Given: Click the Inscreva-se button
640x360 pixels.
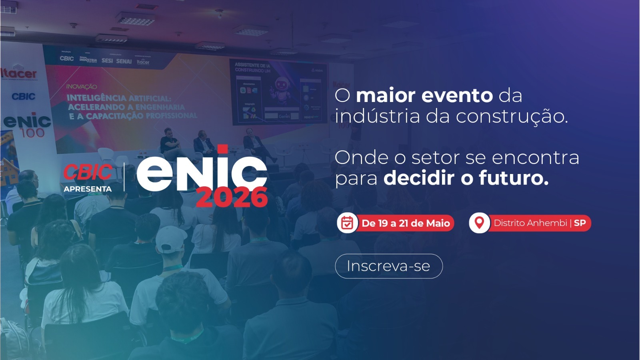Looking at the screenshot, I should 388,266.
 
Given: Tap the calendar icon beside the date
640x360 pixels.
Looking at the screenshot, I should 347,223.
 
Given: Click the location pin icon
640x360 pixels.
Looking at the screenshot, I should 479,223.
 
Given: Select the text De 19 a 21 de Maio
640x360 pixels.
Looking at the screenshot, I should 406,223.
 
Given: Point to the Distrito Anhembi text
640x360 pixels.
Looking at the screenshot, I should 530,223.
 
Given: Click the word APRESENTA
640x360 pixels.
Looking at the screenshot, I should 88,189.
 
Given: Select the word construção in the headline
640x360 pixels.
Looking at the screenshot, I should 512,116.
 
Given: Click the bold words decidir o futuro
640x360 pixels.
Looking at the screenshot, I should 466,178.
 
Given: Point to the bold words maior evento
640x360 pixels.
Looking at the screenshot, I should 424,96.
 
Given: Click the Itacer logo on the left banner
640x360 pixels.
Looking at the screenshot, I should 19,74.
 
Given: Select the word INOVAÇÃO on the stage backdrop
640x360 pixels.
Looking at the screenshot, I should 82,86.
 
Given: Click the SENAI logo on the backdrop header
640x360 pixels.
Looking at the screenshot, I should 124,61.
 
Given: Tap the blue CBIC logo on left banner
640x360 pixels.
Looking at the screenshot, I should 24,96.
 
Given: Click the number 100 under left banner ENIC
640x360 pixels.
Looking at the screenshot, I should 32,133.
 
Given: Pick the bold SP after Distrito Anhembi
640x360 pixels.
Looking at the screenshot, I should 580,223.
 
